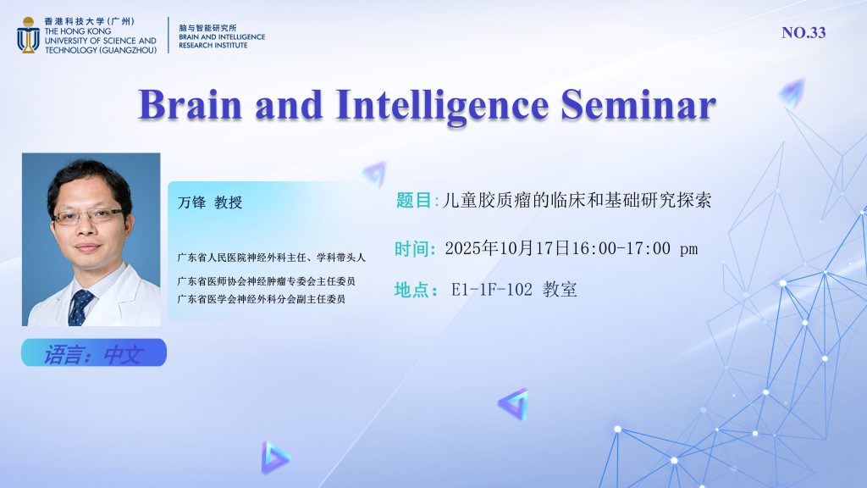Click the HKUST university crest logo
click(28, 35)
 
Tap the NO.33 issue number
click(803, 33)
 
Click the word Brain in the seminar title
click(191, 104)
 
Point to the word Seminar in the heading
click(638, 104)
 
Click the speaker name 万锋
click(191, 202)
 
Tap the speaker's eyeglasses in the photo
click(88, 216)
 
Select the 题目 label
click(413, 200)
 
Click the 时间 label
click(412, 248)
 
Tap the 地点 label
click(412, 290)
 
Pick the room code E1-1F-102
click(492, 290)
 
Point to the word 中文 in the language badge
click(124, 355)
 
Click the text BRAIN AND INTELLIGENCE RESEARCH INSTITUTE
click(222, 41)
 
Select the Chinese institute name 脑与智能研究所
click(207, 27)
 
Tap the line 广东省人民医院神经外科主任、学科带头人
click(272, 258)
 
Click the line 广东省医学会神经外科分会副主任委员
click(262, 299)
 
